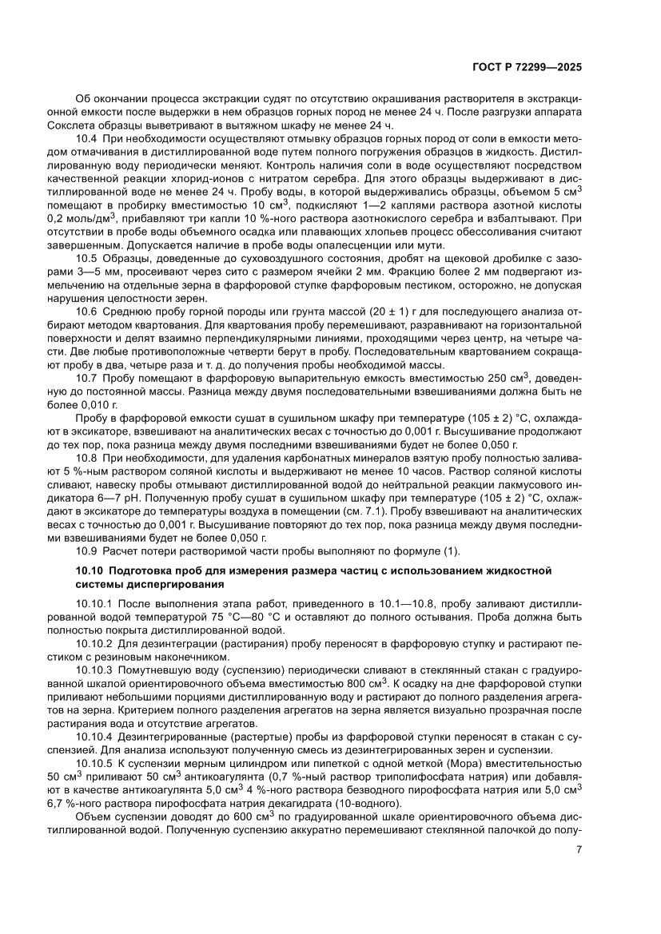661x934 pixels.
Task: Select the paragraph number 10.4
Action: click(87, 139)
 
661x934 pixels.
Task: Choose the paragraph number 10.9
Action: click(87, 550)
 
